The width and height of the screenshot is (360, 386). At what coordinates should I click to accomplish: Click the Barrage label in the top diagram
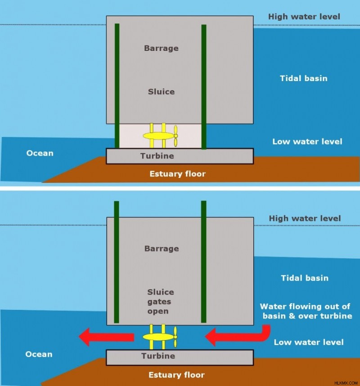(x=161, y=48)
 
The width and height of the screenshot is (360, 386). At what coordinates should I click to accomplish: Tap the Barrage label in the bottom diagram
(x=162, y=249)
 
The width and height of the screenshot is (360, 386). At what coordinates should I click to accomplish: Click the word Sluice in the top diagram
(x=161, y=92)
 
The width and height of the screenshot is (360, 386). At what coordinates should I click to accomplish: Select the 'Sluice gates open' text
(x=161, y=302)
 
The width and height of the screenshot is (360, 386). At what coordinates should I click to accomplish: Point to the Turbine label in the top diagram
(x=157, y=156)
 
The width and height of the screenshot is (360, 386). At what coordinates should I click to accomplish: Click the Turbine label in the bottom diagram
(x=158, y=356)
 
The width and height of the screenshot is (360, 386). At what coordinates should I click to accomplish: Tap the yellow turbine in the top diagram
(x=160, y=136)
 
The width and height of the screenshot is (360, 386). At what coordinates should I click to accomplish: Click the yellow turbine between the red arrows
(x=160, y=337)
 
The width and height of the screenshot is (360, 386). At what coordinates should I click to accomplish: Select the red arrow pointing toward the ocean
(x=106, y=337)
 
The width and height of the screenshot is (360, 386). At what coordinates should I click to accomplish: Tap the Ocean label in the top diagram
(x=40, y=153)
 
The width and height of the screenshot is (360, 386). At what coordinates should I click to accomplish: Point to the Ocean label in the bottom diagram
(x=39, y=354)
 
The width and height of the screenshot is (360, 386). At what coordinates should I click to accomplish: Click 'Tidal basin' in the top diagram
(x=304, y=78)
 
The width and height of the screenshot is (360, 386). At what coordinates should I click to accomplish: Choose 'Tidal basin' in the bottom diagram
(x=305, y=278)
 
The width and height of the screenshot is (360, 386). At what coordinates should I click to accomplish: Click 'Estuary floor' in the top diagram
(x=178, y=174)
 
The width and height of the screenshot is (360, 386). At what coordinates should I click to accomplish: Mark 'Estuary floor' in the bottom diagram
(x=176, y=375)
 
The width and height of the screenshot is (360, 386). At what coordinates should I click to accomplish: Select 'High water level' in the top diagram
(x=304, y=17)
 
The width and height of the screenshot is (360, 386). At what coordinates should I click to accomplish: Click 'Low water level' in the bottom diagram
(x=309, y=342)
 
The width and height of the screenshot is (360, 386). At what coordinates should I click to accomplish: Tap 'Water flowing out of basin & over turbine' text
(x=306, y=311)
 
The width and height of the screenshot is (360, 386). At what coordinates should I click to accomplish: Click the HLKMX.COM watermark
(x=346, y=383)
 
